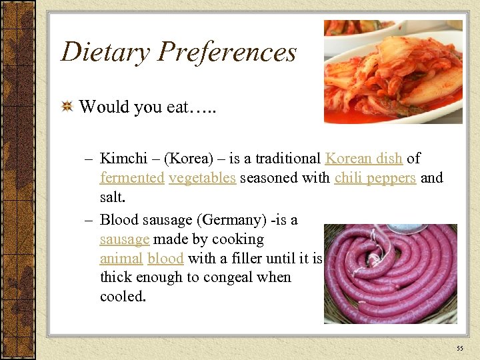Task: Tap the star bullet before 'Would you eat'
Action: coord(67,107)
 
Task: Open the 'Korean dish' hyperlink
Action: coord(363,159)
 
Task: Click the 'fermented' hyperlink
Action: coord(132,178)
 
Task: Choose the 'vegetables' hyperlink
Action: coord(202,178)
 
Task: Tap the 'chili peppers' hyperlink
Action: coord(375,178)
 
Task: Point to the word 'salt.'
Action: coord(113,198)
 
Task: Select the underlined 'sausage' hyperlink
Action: coord(125,239)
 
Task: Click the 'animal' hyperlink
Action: coord(121,259)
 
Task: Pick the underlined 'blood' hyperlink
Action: coord(165,259)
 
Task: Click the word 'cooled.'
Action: coord(123,297)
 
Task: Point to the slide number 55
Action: coord(460,349)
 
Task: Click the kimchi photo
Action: coord(393,71)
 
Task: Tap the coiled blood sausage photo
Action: coord(391,273)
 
